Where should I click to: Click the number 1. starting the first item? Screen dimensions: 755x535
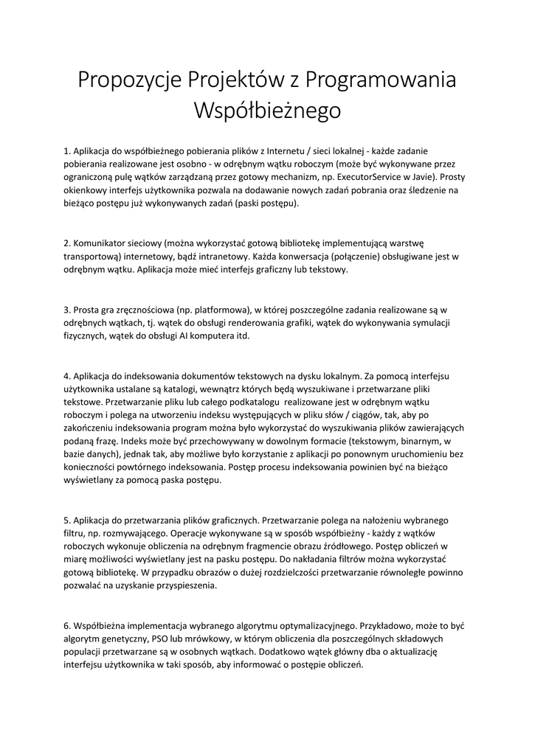pyautogui.click(x=67, y=150)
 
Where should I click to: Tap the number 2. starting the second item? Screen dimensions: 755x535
pyautogui.click(x=67, y=243)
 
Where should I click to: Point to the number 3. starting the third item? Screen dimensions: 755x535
pyautogui.click(x=67, y=310)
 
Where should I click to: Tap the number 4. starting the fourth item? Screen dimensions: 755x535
pyautogui.click(x=67, y=377)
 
